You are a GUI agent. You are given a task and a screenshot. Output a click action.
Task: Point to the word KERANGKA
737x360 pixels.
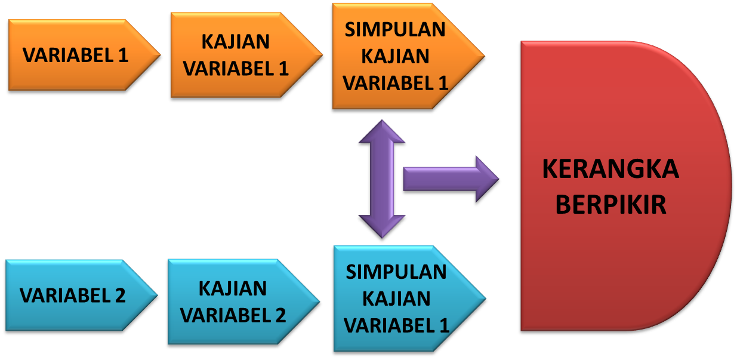click(610, 169)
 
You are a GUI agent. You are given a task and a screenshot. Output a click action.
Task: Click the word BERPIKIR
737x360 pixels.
click(610, 205)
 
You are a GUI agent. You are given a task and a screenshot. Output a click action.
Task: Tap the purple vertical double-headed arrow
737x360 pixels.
click(381, 179)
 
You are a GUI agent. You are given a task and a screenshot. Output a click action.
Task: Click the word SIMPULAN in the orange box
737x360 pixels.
click(395, 30)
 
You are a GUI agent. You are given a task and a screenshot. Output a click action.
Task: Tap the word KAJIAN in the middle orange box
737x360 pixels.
click(235, 42)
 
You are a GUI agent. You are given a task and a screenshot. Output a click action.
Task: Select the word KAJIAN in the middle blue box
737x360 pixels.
click(233, 288)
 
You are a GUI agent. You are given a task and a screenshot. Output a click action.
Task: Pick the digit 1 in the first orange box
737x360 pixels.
click(122, 56)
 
